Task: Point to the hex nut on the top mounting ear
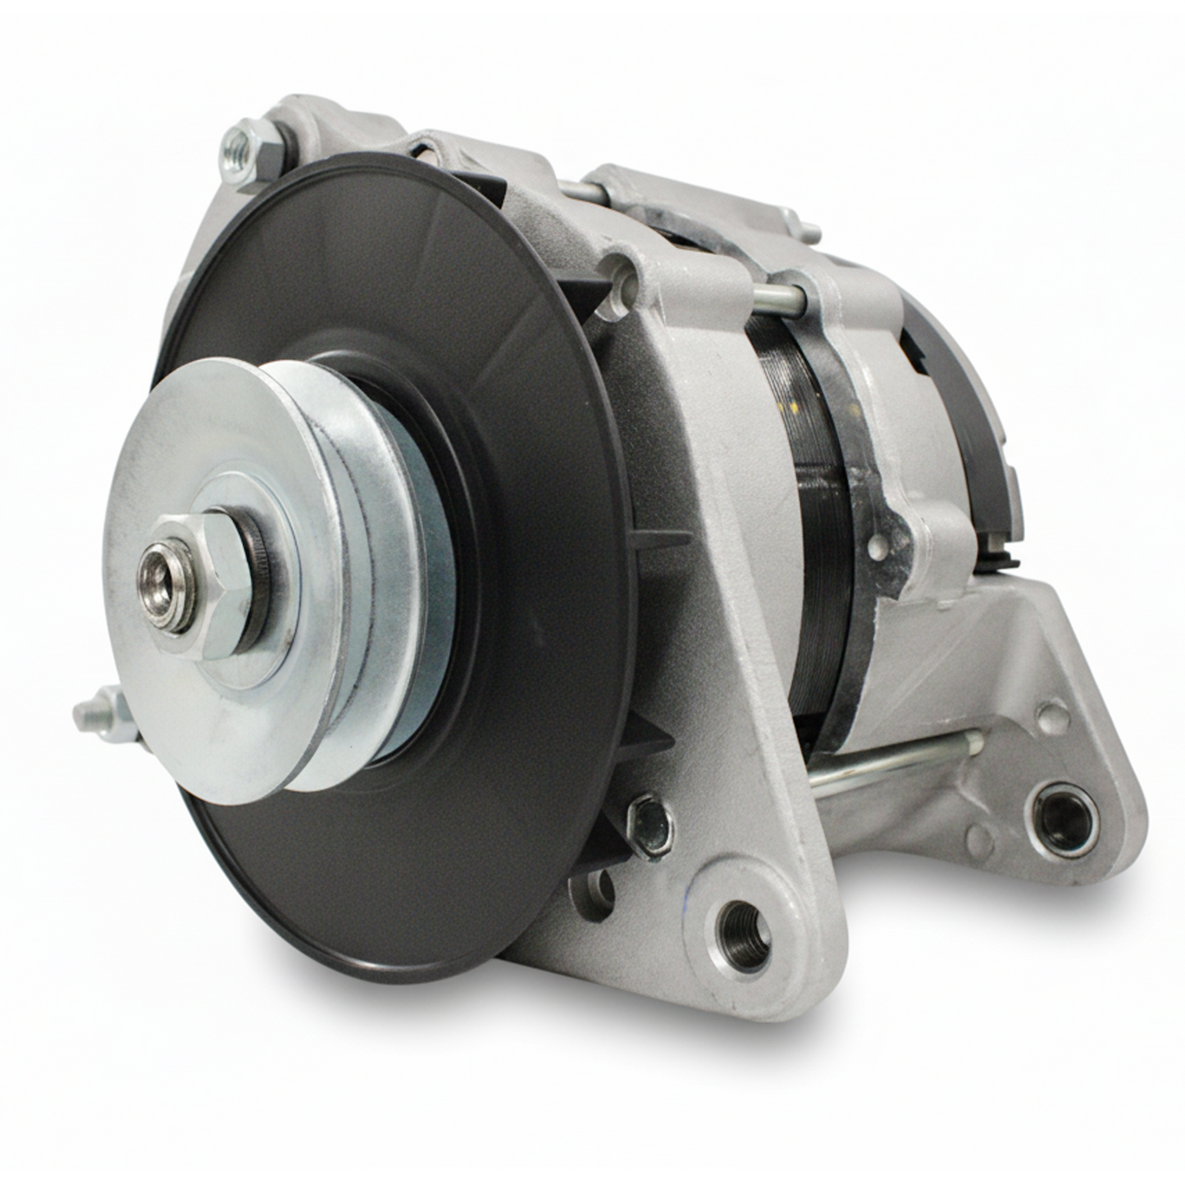[249, 152]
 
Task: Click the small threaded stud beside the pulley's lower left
[103, 714]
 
